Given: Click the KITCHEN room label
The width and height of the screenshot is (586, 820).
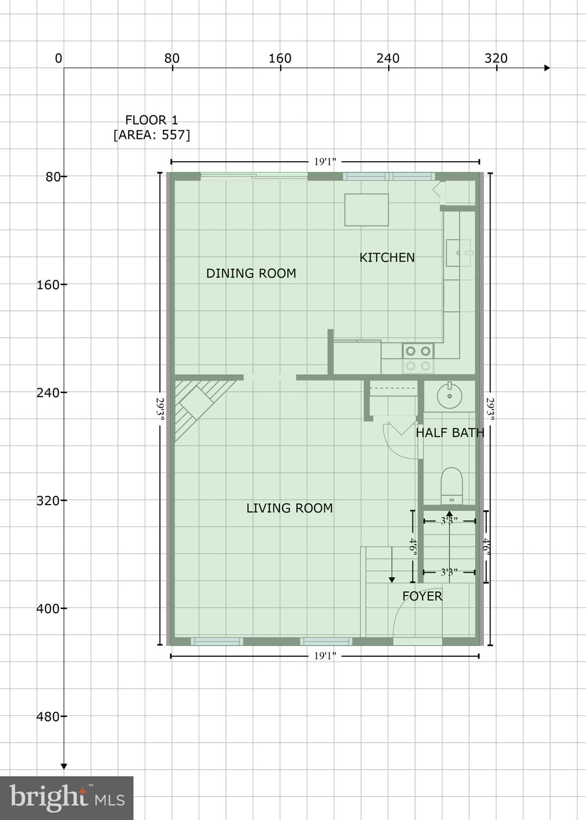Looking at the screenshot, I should tap(387, 257).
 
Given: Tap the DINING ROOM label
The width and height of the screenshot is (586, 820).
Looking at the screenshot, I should tap(251, 273).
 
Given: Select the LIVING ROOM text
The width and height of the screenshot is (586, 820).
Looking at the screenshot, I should tap(290, 508).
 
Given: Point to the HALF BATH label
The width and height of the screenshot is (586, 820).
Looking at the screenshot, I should tap(450, 433).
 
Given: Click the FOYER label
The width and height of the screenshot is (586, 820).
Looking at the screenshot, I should tap(422, 596).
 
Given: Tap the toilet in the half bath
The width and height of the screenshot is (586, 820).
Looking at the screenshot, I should tap(451, 485).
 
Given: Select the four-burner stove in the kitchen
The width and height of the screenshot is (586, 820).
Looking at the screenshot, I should tap(418, 358).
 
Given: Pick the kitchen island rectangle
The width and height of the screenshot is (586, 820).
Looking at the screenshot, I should tap(366, 210).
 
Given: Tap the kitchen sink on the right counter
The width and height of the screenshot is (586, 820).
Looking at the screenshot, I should tap(458, 253).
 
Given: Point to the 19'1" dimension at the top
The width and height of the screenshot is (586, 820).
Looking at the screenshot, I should tap(325, 162).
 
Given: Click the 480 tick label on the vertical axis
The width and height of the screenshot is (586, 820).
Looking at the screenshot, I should tap(48, 716).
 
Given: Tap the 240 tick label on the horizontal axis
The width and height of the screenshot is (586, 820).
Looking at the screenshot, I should tap(388, 58).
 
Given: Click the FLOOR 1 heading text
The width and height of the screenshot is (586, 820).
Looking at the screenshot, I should tap(152, 120).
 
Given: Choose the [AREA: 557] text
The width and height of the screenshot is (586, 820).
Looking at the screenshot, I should tap(152, 135).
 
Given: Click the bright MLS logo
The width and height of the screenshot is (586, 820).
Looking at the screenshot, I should tap(67, 798).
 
